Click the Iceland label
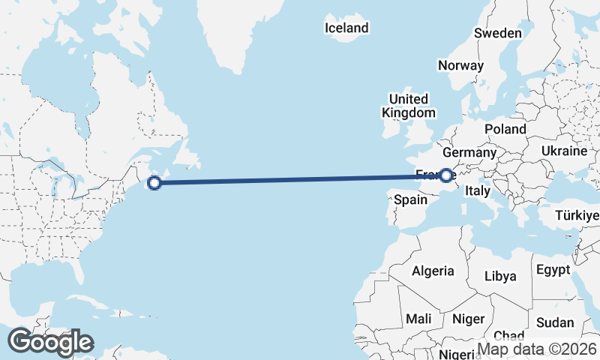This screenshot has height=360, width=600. click(346, 28)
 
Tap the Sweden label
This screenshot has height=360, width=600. click(497, 33)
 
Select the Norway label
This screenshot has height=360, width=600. click(460, 65)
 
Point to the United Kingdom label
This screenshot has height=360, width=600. click(408, 106)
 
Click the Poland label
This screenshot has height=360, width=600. click(505, 129)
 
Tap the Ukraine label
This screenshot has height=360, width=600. click(564, 151)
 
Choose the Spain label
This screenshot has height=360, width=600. click(410, 199)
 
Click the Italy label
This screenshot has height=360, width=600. click(478, 192)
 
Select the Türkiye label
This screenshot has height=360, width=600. click(577, 216)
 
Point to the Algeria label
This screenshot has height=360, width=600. click(433, 271)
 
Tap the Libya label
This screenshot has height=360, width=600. click(500, 276)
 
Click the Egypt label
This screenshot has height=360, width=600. click(553, 269)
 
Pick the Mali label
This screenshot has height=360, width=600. click(418, 319)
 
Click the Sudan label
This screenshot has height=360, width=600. click(555, 322)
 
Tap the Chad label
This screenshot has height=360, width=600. click(509, 335)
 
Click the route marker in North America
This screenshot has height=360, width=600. click(154, 182)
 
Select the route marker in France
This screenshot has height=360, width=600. click(446, 175)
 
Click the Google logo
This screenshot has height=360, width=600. click(50, 342)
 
